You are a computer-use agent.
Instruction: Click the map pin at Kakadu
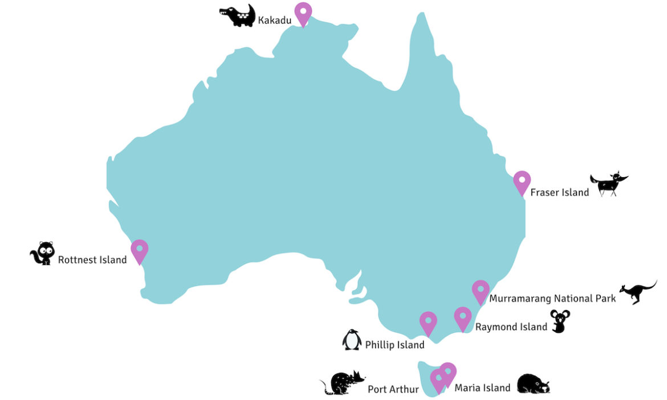[303, 12]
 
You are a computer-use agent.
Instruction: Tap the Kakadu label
[275, 21]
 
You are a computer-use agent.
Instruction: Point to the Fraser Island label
[559, 193]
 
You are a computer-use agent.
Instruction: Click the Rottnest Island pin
[139, 250]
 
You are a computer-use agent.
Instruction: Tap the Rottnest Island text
[92, 260]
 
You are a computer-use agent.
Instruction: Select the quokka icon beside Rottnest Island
[43, 254]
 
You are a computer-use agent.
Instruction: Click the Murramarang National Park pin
[481, 290]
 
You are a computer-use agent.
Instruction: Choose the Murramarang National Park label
[552, 298]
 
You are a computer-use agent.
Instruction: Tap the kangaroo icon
[638, 292]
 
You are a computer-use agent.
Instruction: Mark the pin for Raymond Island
[463, 317]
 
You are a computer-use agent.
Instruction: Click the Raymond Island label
[511, 327]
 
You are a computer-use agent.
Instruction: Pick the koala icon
[560, 321]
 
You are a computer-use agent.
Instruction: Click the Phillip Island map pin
[428, 321]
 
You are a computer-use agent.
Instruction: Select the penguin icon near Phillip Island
[352, 340]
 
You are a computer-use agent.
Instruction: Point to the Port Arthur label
[393, 390]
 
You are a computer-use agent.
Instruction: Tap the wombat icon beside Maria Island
[534, 384]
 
